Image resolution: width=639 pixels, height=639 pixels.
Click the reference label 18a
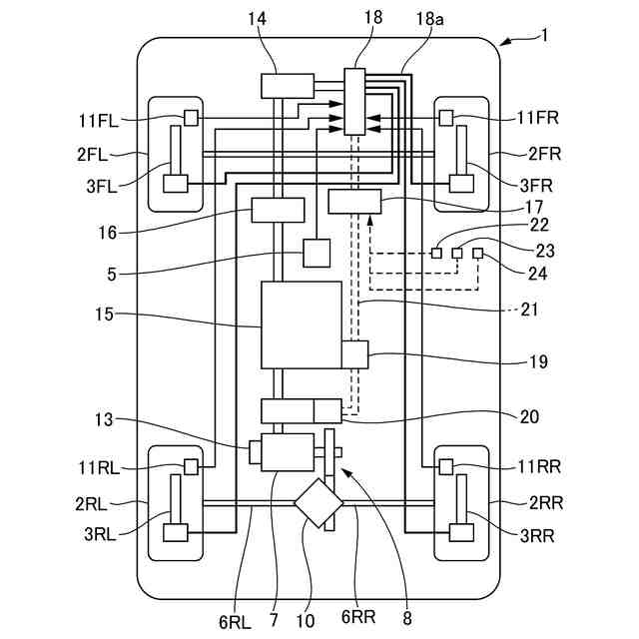pyautogui.click(x=429, y=19)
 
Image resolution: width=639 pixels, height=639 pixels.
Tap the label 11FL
pyautogui.click(x=98, y=121)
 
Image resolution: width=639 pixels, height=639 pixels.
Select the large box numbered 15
pyautogui.click(x=302, y=324)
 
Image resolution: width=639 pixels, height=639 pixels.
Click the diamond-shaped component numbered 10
pyautogui.click(x=319, y=503)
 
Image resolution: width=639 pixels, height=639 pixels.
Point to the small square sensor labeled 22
pyautogui.click(x=436, y=253)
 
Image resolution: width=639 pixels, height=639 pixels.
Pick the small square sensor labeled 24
pyautogui.click(x=477, y=253)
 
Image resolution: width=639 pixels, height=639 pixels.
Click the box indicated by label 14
pyautogui.click(x=288, y=86)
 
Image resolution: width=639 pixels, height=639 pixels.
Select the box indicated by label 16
pyautogui.click(x=278, y=210)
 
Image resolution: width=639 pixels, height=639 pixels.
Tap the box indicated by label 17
pyautogui.click(x=354, y=202)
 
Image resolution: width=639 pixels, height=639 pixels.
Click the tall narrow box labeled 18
pyautogui.click(x=354, y=102)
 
